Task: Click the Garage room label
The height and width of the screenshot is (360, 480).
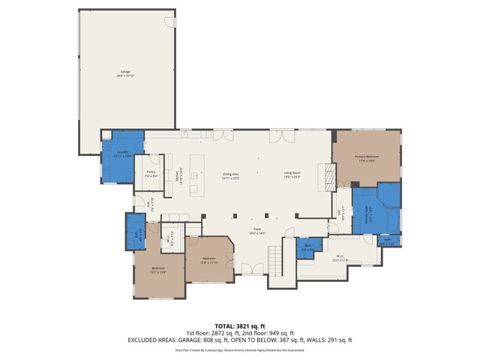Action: pyautogui.click(x=125, y=73)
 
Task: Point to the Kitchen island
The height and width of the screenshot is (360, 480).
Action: pyautogui.click(x=196, y=175)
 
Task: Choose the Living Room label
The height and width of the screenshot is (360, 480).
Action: pyautogui.click(x=292, y=176)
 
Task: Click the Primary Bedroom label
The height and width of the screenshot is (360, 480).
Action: pyautogui.click(x=367, y=157)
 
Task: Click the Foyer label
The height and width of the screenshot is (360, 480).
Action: pyautogui.click(x=256, y=232)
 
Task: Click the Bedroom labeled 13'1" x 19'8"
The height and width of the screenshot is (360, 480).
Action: pyautogui.click(x=158, y=269)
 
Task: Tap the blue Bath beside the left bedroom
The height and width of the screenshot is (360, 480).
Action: pyautogui.click(x=136, y=235)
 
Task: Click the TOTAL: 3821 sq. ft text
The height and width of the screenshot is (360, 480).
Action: pyautogui.click(x=239, y=325)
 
